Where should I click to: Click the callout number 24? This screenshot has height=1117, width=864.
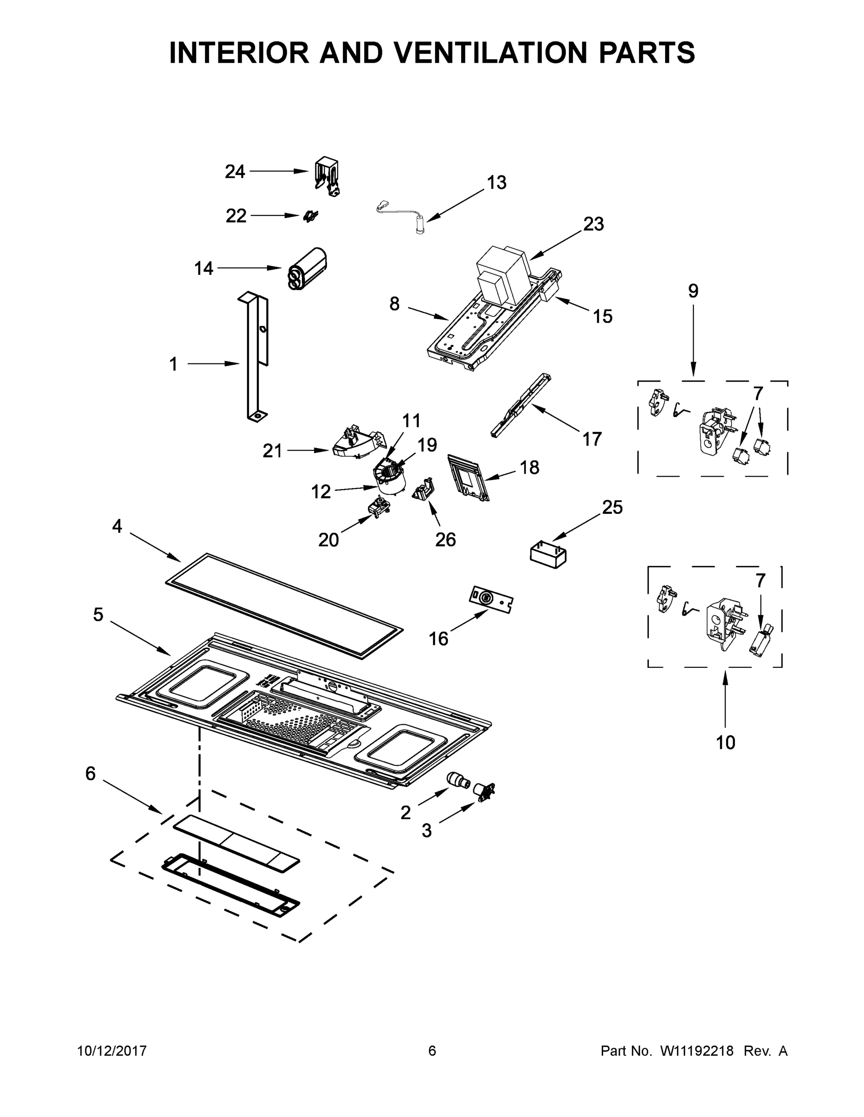coord(235,172)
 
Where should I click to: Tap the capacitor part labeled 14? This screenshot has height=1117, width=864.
coord(307,269)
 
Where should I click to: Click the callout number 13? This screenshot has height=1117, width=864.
coord(496,182)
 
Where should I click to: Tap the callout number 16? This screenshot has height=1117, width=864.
coord(438,639)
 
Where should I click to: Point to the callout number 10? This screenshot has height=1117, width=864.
coord(725,743)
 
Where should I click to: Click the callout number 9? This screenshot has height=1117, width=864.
coord(693,291)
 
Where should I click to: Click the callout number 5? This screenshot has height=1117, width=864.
coord(98,615)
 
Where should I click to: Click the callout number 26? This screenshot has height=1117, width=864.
coord(445,539)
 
